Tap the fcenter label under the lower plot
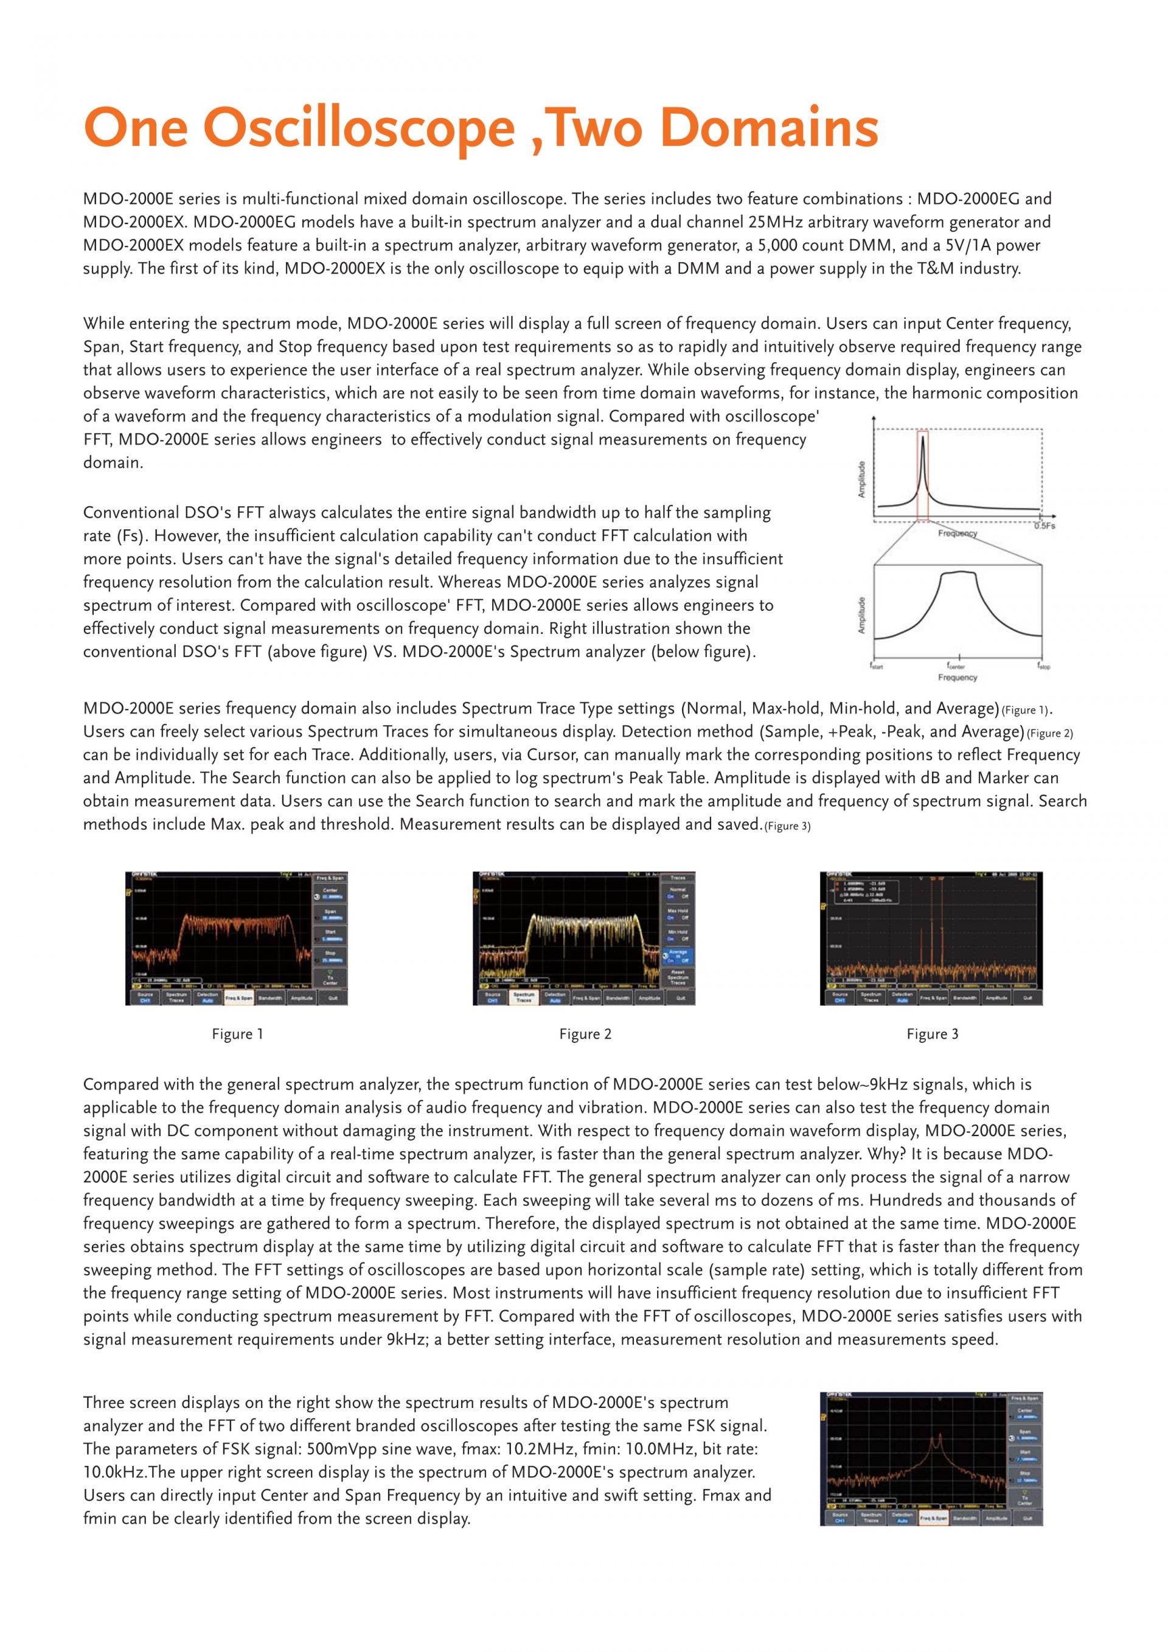tap(956, 666)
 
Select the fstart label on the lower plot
tap(877, 666)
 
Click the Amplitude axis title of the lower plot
tap(863, 616)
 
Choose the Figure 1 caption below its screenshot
tap(237, 1034)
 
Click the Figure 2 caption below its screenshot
tap(585, 1034)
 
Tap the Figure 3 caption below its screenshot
tap(932, 1034)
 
